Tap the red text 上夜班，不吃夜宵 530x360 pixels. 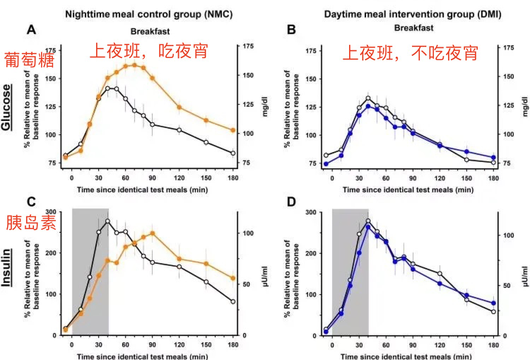(x=410, y=52)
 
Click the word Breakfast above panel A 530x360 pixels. (x=151, y=30)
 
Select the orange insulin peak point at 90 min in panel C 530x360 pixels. (x=152, y=233)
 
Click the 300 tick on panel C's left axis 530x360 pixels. (x=50, y=212)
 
